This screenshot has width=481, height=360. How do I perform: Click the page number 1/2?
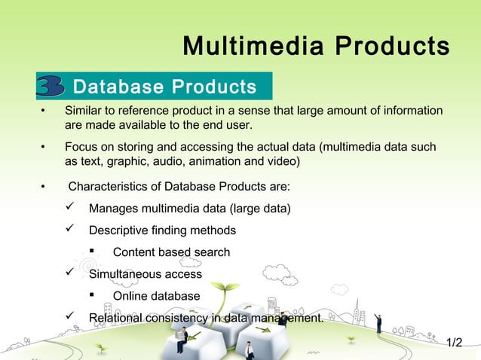[454, 343]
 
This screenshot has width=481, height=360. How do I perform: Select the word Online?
[131, 296]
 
